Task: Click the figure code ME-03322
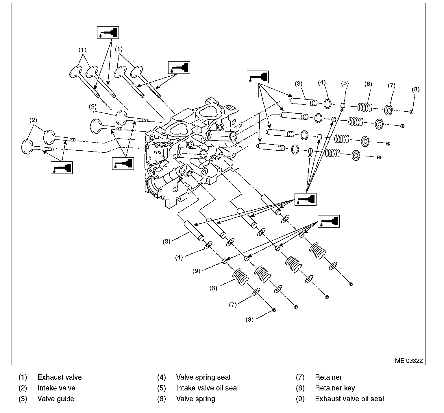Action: point(409,361)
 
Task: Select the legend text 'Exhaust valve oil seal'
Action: point(349,399)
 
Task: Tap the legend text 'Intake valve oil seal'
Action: point(207,388)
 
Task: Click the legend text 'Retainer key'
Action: point(335,388)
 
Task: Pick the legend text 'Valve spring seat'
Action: point(203,377)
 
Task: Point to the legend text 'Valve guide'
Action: point(56,399)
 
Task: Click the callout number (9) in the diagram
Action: point(196,271)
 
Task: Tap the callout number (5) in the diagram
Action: point(345,84)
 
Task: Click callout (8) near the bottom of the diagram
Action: point(249,320)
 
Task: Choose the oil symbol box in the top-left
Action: point(108,32)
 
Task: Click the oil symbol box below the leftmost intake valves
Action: point(62,167)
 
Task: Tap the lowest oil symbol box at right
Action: point(329,221)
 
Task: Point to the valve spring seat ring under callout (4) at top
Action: point(327,104)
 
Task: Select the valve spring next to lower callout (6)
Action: point(241,277)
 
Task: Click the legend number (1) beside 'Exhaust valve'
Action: point(23,377)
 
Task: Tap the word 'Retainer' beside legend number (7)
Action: point(328,377)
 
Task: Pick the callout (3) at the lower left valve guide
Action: point(166,241)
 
